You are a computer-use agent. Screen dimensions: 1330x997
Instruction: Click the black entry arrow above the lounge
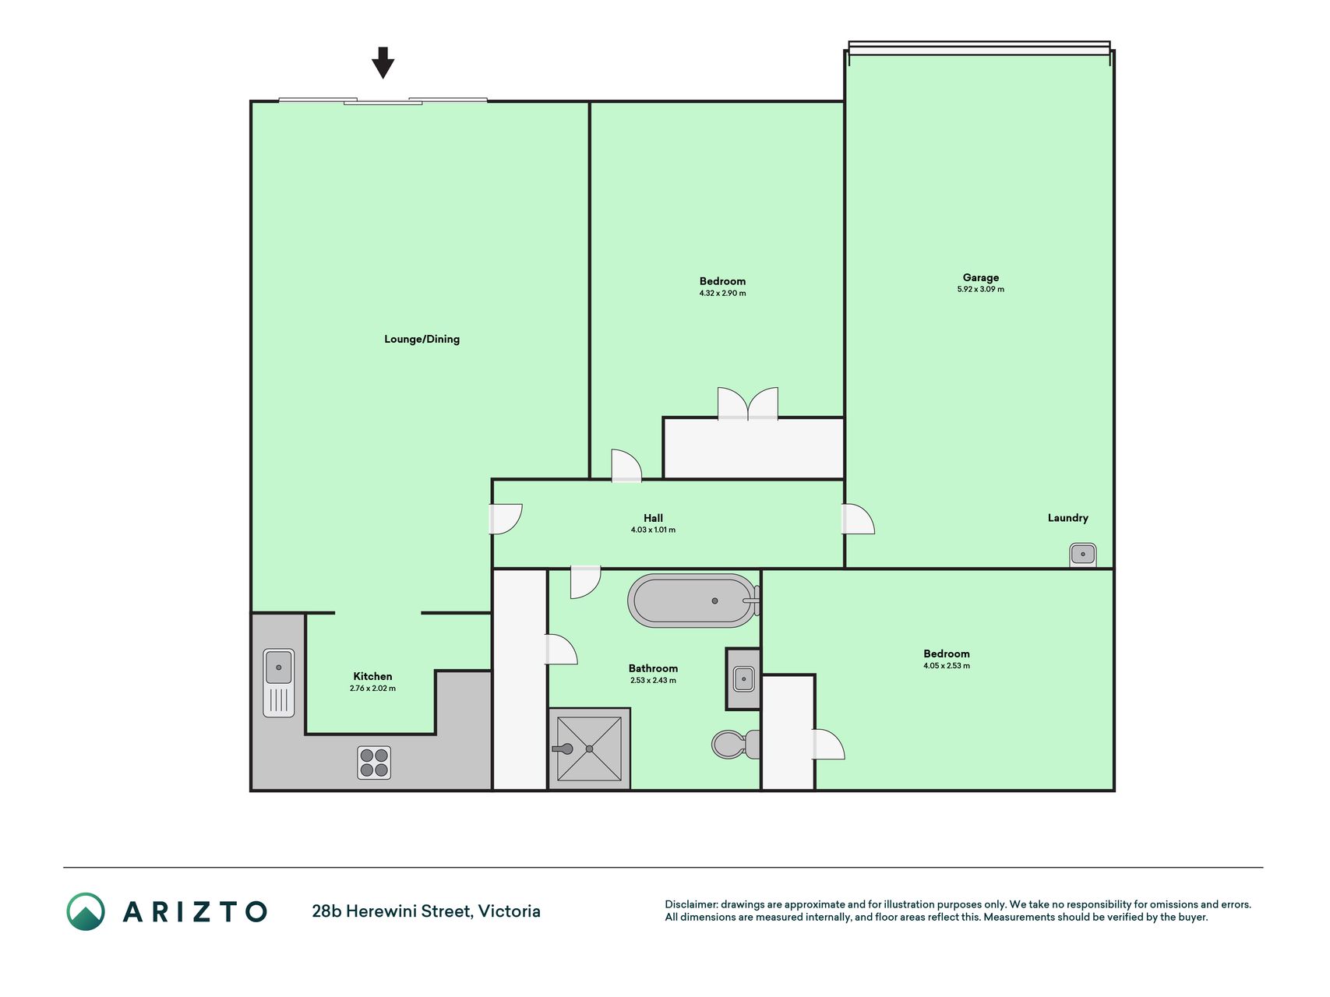click(383, 62)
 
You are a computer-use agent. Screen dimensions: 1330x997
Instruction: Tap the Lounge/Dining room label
click(422, 339)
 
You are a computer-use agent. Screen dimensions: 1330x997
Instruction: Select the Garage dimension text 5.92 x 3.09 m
click(980, 289)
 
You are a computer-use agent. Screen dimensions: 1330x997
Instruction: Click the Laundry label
click(1067, 518)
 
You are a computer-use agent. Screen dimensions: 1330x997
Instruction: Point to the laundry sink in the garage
click(1082, 555)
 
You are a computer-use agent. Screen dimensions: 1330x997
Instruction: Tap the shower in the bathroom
click(589, 749)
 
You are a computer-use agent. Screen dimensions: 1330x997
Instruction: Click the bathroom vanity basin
click(743, 678)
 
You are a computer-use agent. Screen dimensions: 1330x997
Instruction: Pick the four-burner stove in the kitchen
click(374, 763)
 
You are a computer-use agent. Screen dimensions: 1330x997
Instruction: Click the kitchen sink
click(279, 682)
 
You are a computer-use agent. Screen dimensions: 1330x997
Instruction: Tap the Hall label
click(653, 518)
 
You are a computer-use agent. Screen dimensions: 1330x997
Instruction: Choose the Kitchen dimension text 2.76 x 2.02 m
click(372, 689)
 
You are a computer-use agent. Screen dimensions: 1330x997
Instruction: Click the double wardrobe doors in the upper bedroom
click(748, 403)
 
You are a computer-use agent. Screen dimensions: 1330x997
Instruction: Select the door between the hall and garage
click(859, 520)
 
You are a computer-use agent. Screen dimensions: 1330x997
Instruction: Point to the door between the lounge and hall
click(506, 520)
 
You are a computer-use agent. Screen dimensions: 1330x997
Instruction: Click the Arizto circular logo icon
click(86, 911)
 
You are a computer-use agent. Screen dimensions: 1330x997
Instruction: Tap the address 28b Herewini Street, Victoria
click(426, 911)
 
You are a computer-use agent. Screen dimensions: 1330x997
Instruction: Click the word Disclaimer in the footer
click(690, 904)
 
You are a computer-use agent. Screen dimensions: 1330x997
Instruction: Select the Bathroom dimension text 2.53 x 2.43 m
click(653, 681)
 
